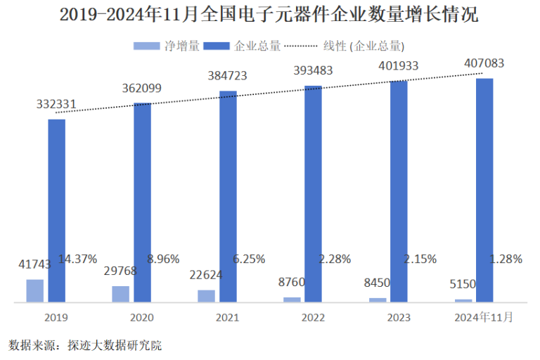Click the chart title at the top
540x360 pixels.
tap(269, 15)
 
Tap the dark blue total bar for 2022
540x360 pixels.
tap(313, 193)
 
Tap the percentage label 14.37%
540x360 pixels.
tap(77, 259)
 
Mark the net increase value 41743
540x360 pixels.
tap(35, 264)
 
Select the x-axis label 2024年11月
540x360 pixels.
tap(483, 318)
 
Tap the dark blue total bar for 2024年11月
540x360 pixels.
tap(484, 190)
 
